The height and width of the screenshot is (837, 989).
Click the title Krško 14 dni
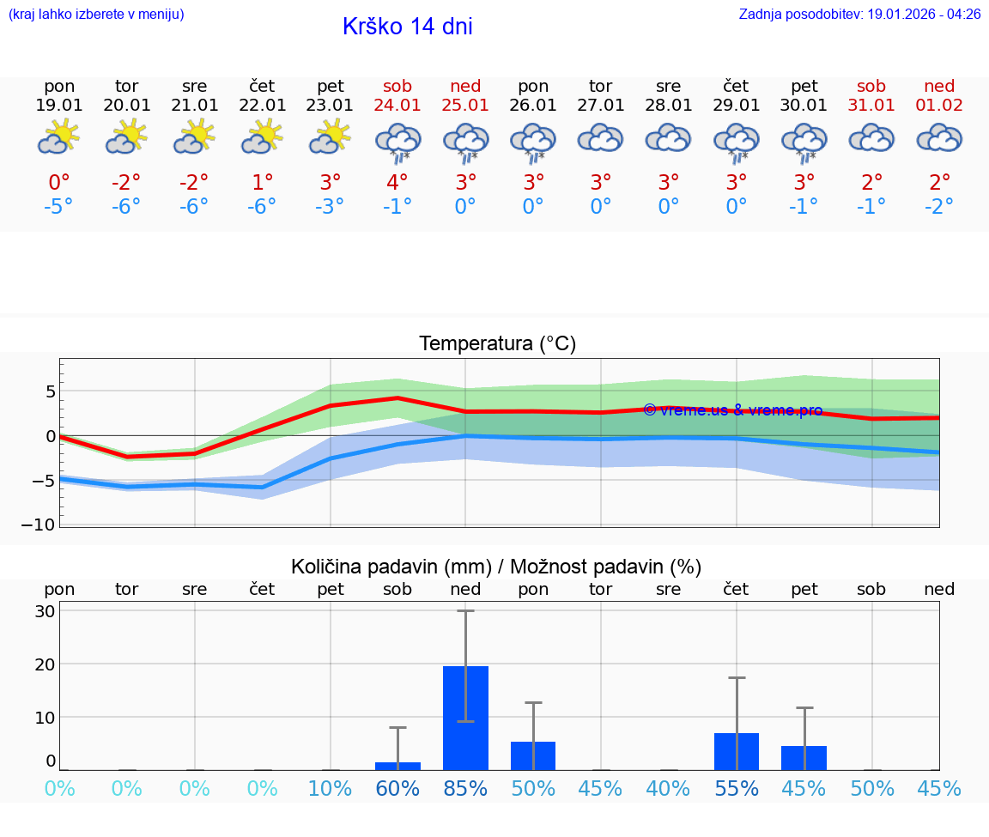(407, 27)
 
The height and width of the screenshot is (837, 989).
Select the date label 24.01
(397, 106)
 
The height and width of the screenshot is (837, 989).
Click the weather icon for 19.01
(59, 137)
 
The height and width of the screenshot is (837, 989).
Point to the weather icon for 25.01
(465, 142)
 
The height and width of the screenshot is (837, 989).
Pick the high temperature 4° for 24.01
(397, 183)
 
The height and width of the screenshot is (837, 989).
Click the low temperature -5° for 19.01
(59, 207)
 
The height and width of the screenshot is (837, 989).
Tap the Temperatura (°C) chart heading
(497, 344)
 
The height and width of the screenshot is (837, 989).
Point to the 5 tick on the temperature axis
(51, 391)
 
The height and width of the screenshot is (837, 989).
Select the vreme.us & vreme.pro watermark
(732, 410)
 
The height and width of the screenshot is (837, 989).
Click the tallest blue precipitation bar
(465, 718)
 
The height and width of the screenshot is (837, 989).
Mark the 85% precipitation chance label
(465, 789)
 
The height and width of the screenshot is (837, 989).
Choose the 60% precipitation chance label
(397, 789)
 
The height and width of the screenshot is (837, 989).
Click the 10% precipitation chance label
(331, 789)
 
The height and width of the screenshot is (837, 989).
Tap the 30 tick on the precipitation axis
(46, 611)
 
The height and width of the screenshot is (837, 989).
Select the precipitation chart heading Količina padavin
(496, 567)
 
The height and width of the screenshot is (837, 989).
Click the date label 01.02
(939, 106)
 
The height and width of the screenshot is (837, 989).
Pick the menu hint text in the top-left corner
(96, 15)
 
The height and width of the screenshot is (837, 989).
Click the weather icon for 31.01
(871, 138)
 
